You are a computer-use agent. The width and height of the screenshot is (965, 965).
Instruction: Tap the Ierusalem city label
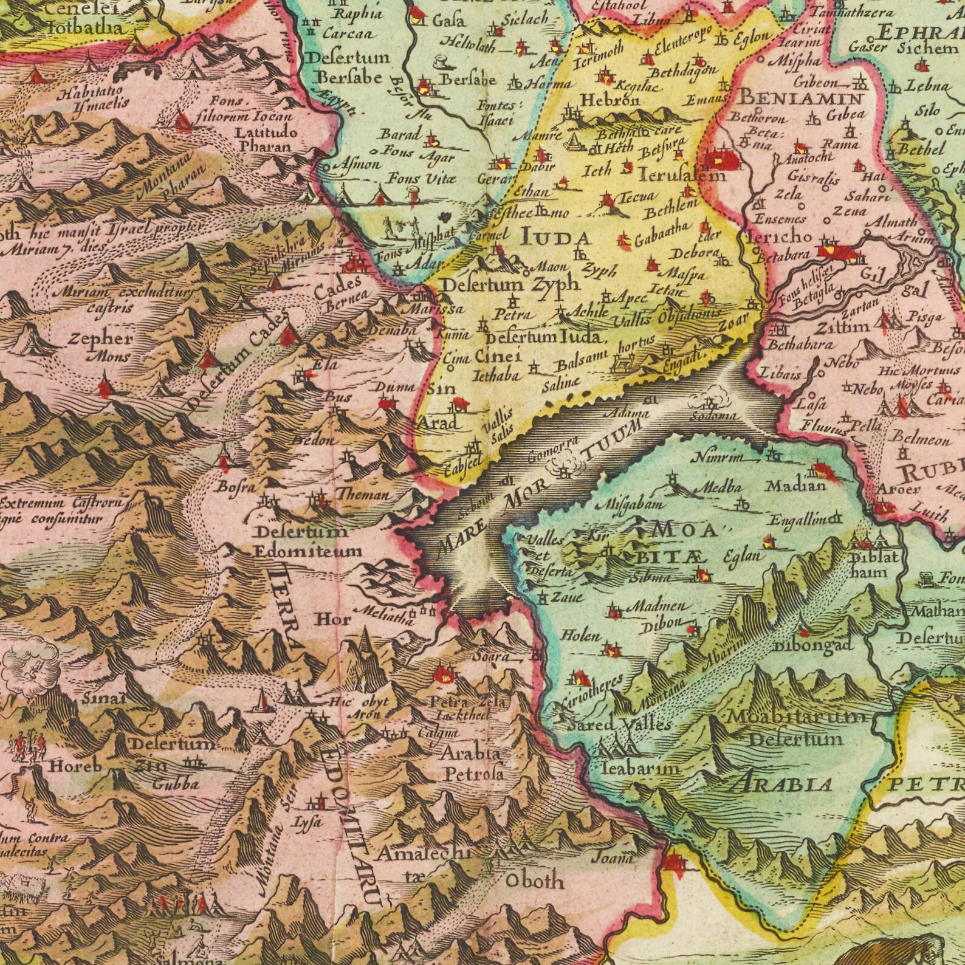(x=682, y=176)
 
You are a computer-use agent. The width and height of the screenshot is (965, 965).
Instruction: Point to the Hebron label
(x=603, y=100)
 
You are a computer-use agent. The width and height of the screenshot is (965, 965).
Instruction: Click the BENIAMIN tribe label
(x=800, y=98)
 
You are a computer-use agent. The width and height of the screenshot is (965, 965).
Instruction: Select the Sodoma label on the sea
(x=714, y=416)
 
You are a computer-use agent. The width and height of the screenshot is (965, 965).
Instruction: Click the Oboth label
(x=535, y=881)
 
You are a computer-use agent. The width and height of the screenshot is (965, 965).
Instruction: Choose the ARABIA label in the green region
(x=780, y=785)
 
